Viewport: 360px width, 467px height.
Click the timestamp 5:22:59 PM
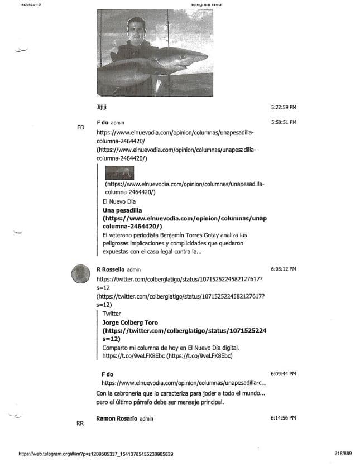283,107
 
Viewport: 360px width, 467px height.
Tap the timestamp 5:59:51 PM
283,122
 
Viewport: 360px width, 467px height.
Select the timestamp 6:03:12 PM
283,269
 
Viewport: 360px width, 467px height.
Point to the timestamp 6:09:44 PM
283,373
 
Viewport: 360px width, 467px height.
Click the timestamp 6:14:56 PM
283,418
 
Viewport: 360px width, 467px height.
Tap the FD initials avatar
80,127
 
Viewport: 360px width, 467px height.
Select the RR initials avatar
80,423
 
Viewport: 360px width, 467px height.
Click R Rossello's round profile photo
81,274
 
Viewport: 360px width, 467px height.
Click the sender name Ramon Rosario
117,418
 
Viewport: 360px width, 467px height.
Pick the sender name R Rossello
111,269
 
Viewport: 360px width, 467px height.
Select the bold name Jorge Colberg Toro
130,322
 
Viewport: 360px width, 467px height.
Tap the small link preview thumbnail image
119,172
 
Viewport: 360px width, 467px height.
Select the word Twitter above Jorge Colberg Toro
112,314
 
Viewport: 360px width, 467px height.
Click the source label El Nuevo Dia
119,201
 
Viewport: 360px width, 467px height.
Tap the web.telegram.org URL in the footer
95,454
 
